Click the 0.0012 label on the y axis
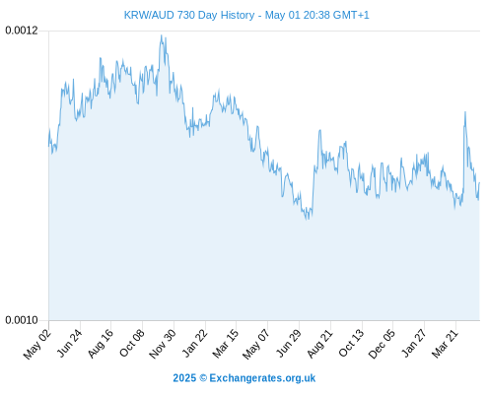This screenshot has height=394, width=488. tap(22, 31)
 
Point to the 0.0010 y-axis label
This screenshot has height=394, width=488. tap(22, 320)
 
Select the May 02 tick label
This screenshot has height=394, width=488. tap(37, 344)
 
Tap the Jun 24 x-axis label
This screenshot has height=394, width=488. tap(69, 343)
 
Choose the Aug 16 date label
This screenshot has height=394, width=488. tap(101, 344)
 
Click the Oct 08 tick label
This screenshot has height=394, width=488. tap(131, 343)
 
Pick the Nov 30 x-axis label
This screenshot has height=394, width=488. tap(163, 344)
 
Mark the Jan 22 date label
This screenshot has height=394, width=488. tap(194, 343)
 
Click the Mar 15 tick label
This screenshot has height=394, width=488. tap(226, 344)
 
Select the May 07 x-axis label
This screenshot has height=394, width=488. tap(256, 344)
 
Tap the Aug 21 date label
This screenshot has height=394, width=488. tap(319, 344)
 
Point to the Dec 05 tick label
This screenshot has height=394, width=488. tap(382, 344)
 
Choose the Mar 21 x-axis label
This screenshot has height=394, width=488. tap(445, 344)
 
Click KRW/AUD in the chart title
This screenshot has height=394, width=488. tap(149, 15)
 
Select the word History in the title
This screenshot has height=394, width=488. tap(238, 15)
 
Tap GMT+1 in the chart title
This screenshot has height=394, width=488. tap(351, 15)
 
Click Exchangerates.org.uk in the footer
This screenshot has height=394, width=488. tap(262, 378)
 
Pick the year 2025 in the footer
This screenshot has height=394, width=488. tap(184, 378)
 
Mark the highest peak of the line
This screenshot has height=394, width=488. tap(161, 35)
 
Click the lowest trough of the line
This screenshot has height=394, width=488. tap(308, 219)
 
